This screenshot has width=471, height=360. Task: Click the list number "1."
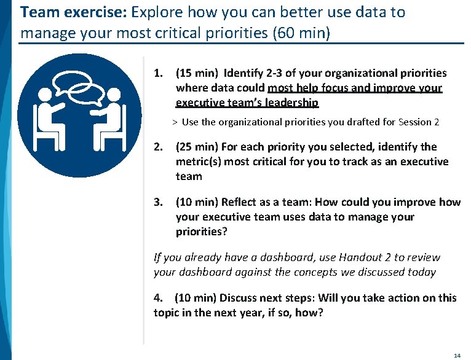[159, 73]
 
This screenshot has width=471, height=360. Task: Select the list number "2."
[159, 147]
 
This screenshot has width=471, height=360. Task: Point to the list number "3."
[159, 202]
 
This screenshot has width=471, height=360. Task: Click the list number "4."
[159, 298]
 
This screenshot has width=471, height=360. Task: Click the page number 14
[457, 356]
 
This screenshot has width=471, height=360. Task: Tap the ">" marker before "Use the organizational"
[175, 122]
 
